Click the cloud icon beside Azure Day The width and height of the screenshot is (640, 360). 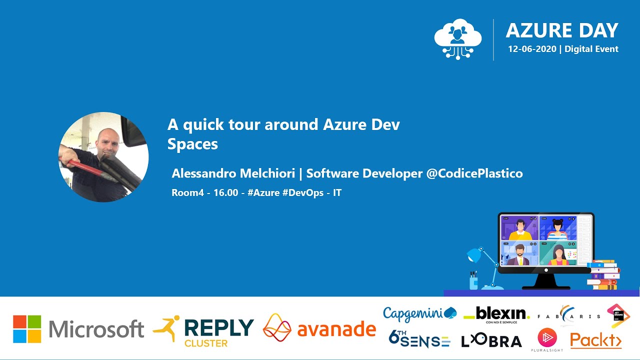click(457, 38)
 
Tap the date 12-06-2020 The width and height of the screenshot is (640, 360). click(532, 49)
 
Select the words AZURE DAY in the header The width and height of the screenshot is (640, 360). click(562, 30)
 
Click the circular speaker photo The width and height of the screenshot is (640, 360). click(103, 157)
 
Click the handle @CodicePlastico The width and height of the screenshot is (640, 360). click(474, 173)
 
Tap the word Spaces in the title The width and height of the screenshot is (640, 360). click(192, 144)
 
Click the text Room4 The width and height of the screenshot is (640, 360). click(187, 192)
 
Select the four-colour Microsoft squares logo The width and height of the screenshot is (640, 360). click(27, 328)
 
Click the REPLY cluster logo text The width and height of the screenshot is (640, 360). click(218, 328)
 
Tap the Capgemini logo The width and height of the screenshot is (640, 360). click(419, 313)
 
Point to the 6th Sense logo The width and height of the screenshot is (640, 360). click(419, 339)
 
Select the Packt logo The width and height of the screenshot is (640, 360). click(596, 340)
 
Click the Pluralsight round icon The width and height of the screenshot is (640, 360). click(547, 337)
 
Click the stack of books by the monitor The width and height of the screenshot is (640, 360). click(603, 274)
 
